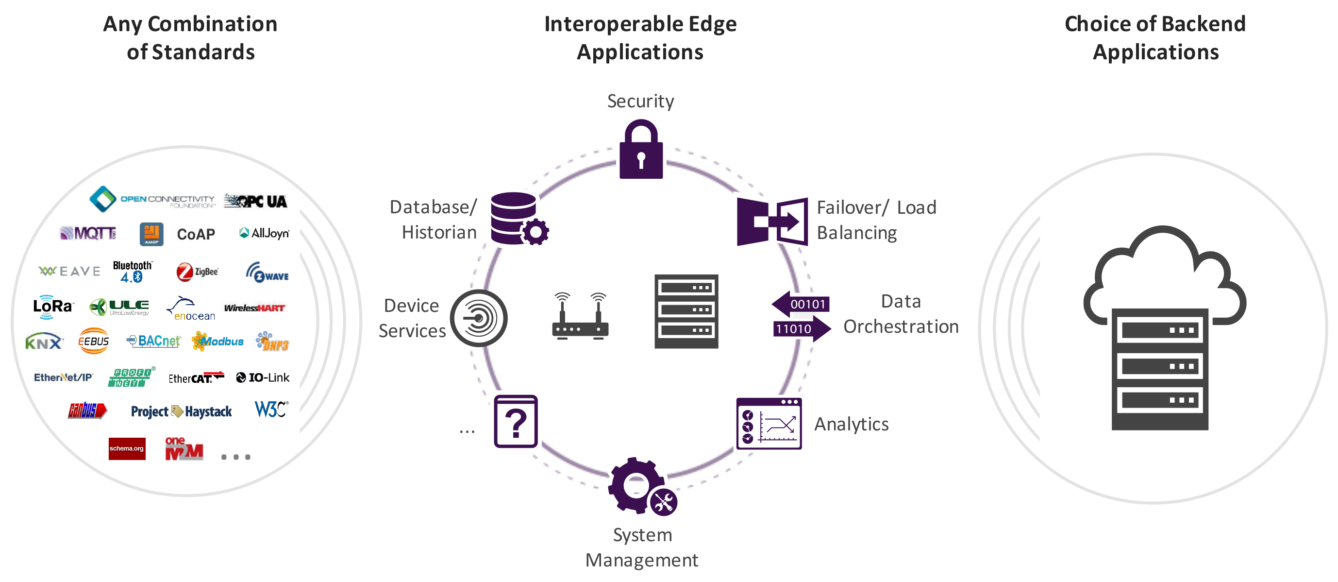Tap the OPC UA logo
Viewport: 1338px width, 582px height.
pos(255,201)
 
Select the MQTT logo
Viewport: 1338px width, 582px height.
pos(88,233)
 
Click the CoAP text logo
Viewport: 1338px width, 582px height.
pos(196,234)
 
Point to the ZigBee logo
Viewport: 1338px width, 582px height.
pos(198,272)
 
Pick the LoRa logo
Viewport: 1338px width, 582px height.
pos(53,307)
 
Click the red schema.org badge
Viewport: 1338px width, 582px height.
pos(127,448)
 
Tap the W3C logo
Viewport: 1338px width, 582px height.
pos(271,410)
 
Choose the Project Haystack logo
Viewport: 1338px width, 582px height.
pos(181,411)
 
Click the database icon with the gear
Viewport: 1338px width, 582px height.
pos(518,219)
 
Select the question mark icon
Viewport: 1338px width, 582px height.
pos(516,421)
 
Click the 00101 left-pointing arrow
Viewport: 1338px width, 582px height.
pos(801,304)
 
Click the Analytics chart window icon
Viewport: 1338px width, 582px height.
pos(769,424)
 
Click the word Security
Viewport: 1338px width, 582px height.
pos(640,101)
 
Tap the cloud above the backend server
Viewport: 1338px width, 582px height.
pos(1164,270)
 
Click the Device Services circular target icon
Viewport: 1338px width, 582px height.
pos(478,318)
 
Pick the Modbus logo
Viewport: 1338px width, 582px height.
pos(217,342)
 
